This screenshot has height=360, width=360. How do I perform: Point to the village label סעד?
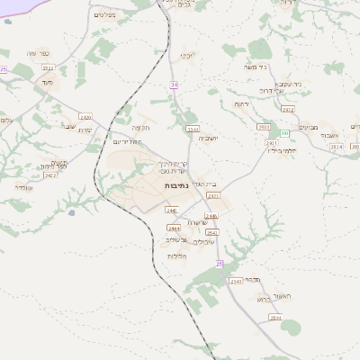pos(47,82)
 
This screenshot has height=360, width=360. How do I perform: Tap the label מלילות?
pos(176,256)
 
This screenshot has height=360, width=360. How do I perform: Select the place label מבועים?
pos(309,127)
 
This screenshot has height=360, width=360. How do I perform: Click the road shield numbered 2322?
pos(49,67)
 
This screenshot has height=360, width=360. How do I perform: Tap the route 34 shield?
pos(175,85)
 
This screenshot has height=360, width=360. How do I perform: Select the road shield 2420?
pos(85,117)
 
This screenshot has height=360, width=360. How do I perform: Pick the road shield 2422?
pos(50,175)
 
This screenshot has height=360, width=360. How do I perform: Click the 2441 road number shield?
pos(191,130)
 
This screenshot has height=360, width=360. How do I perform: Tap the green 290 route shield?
pos(283,132)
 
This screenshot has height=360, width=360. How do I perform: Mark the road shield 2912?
pos(288,109)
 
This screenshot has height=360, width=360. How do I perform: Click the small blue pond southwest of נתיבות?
pos(70,213)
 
